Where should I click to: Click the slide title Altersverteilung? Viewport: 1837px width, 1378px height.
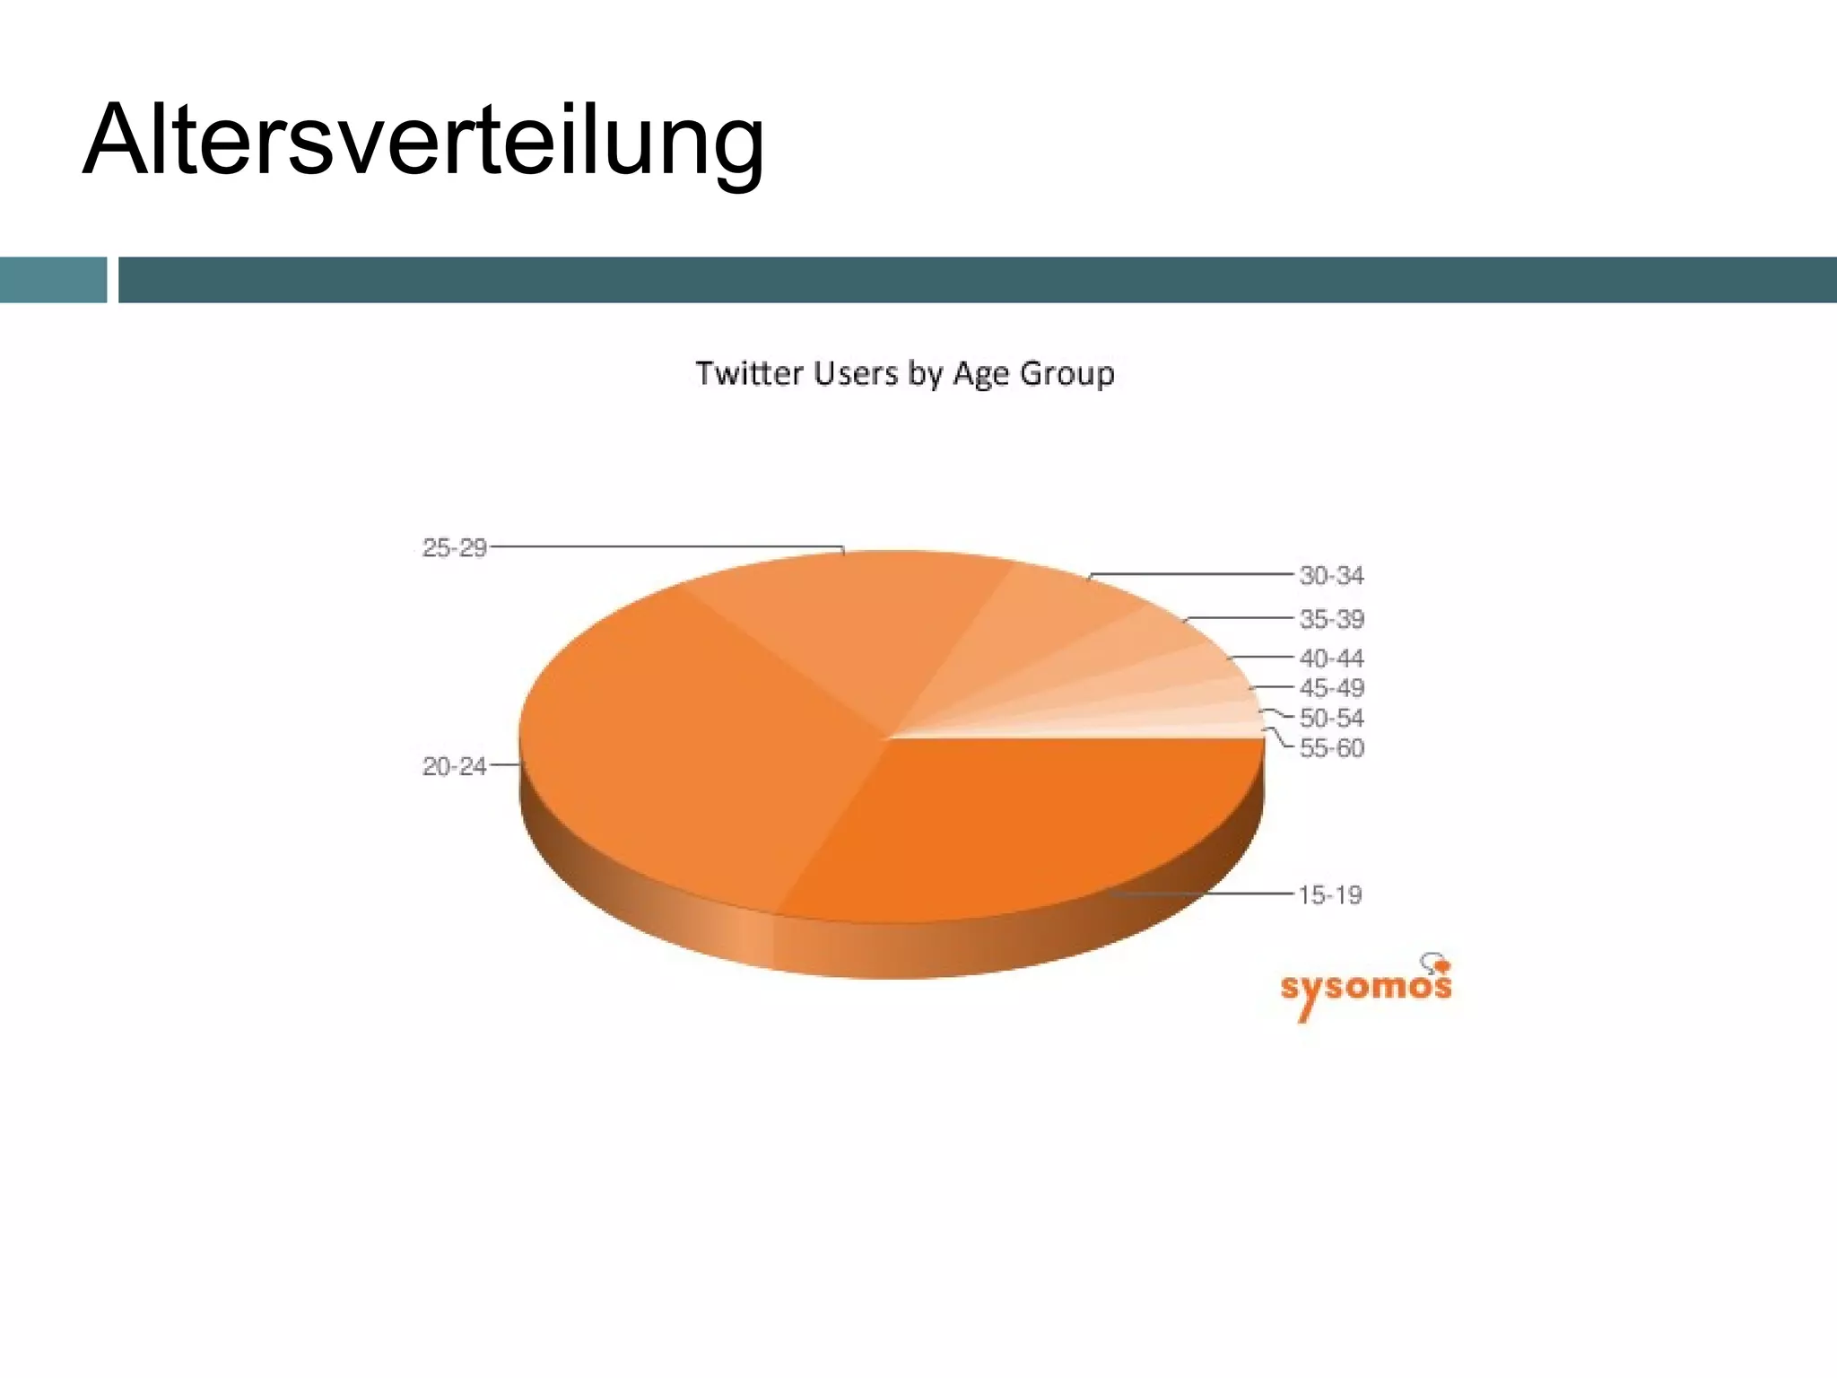tap(423, 142)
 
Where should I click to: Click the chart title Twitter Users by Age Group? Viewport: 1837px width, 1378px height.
tap(905, 373)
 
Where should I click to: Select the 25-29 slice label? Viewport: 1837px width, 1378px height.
tap(454, 547)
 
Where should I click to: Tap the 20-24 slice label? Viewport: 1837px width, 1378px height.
tap(454, 766)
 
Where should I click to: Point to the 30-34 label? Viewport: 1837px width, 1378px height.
tap(1331, 575)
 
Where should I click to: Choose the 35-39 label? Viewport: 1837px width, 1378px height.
tap(1331, 619)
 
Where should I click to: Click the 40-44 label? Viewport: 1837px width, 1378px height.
tap(1331, 658)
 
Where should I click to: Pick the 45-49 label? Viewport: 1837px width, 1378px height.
tap(1331, 688)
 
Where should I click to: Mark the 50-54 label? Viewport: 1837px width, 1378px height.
tap(1331, 718)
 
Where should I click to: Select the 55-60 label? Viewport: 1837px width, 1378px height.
tap(1331, 747)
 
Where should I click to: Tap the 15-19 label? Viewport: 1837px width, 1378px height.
tap(1329, 894)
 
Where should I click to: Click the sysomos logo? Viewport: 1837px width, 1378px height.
tap(1365, 988)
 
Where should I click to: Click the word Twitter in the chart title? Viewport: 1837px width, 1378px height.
tap(749, 373)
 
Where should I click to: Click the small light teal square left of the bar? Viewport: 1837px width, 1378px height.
tap(53, 280)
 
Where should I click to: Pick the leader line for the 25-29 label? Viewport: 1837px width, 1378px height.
tap(664, 546)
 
